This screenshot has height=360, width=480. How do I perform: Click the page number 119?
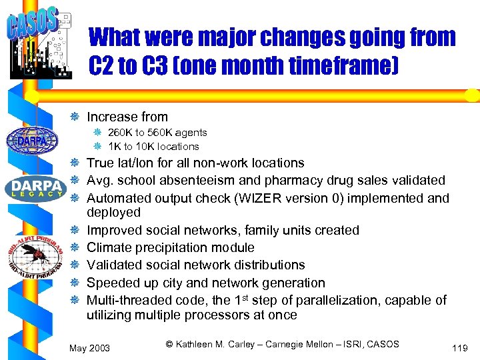tap(460, 347)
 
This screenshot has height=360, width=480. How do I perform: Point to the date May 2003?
tap(90, 347)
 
